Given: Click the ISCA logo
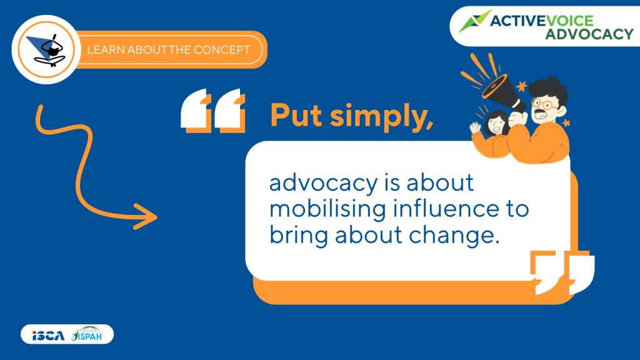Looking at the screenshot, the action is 49,336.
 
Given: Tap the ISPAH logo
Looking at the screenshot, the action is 86,334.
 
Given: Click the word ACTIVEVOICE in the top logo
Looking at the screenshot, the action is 542,21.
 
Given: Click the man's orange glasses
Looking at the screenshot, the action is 545,104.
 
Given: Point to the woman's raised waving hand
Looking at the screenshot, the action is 475,127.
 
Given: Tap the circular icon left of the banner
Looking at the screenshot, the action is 46,49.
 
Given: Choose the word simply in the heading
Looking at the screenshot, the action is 382,117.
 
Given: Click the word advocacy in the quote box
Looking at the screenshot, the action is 323,183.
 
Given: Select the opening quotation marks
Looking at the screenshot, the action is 213,111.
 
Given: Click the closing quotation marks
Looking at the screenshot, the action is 562,272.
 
